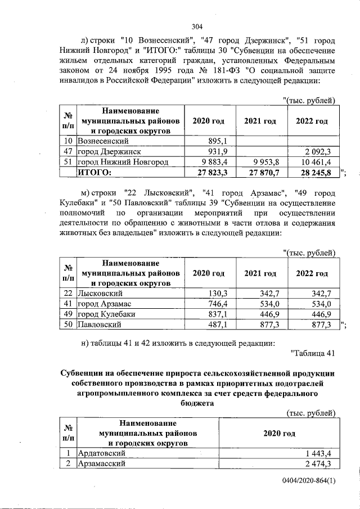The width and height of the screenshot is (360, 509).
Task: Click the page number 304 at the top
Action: pyautogui.click(x=197, y=26)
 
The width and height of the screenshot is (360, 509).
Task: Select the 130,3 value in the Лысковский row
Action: pyautogui.click(x=217, y=293)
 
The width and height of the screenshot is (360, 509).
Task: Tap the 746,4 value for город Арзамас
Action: pyautogui.click(x=217, y=304)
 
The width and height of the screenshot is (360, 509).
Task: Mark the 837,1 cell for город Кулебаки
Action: pyautogui.click(x=217, y=314)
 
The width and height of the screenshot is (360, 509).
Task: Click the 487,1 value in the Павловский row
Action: pyautogui.click(x=217, y=325)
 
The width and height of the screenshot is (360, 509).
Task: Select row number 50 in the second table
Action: pyautogui.click(x=67, y=325)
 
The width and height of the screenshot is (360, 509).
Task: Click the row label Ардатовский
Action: pyautogui.click(x=101, y=453)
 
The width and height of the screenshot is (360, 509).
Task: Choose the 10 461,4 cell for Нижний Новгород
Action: pyautogui.click(x=317, y=162)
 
